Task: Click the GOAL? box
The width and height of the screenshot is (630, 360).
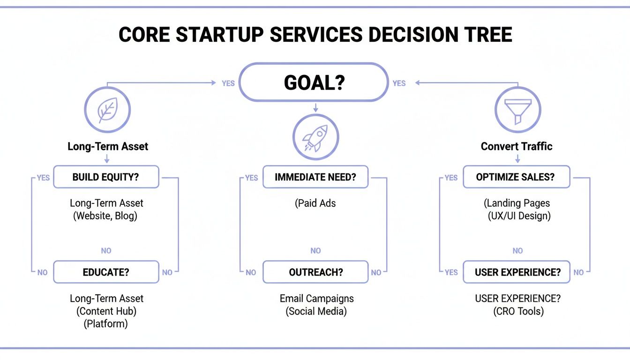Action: coord(314,82)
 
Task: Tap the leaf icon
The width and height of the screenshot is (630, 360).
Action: coord(107,111)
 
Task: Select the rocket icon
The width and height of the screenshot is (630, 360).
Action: coord(315,137)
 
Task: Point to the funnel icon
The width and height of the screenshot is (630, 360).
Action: coord(517,111)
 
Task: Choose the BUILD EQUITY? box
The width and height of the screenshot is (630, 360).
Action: coord(106,177)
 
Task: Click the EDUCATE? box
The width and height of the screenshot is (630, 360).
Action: coord(106,272)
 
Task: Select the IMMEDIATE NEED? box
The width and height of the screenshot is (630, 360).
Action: coord(315,177)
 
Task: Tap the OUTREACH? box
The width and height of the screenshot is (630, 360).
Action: coord(315,272)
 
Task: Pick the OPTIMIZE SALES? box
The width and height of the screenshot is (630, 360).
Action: coord(516,177)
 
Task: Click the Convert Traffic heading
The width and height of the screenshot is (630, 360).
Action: coord(517,146)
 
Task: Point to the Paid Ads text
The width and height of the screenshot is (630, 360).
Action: coord(315,203)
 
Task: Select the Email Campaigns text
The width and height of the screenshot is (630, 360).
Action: coord(316,299)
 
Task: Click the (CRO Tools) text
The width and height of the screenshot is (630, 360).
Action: coord(518,311)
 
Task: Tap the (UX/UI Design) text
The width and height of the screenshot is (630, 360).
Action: coord(519,216)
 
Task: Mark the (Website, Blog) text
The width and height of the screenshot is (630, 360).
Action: coord(106,216)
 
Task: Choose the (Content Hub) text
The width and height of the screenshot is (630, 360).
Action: coord(106,311)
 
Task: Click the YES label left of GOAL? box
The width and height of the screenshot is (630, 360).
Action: coord(228,83)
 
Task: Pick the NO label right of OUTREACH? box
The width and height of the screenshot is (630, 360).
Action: coord(376,272)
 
